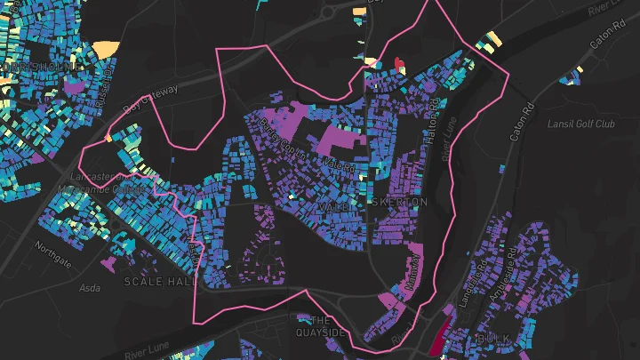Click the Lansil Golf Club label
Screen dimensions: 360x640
pos(582,124)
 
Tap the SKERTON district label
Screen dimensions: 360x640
pos(405,203)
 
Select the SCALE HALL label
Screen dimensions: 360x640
pos(160,281)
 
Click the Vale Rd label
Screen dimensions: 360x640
pos(340,165)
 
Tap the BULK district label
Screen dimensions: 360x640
pos(494,339)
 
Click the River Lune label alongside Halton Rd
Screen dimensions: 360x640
pos(449,141)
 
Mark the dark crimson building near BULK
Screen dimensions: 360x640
pos(437,338)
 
